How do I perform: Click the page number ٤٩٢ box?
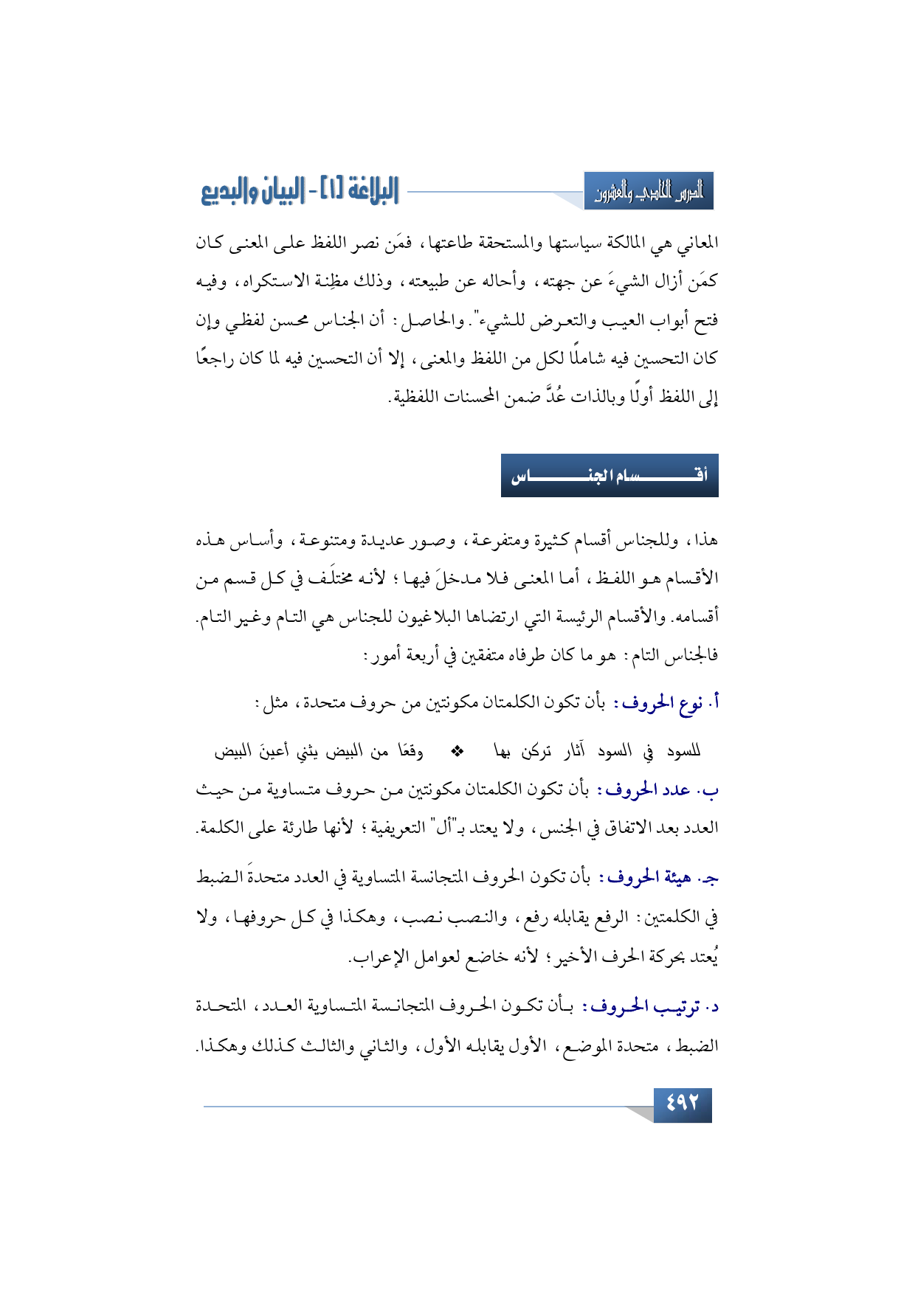tap(682, 1103)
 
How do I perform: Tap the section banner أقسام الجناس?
tap(610, 475)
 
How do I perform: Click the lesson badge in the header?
tap(649, 192)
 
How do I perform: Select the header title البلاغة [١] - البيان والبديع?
tap(300, 191)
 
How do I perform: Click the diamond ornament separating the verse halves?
tap(457, 751)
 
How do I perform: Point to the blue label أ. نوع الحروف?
tap(669, 704)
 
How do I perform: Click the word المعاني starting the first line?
tap(697, 243)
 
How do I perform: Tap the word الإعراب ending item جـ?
tap(372, 958)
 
